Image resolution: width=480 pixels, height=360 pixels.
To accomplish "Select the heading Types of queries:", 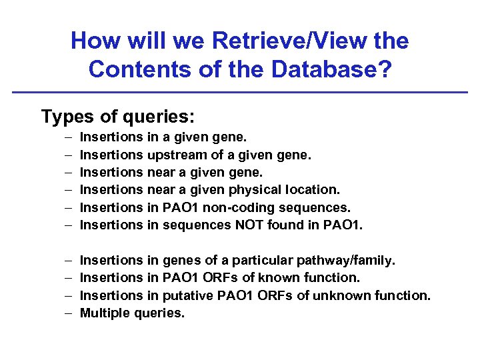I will tap(118, 117).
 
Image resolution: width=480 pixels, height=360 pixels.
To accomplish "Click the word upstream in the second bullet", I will tap(174, 155).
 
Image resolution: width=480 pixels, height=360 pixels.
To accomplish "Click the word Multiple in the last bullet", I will tap(105, 312).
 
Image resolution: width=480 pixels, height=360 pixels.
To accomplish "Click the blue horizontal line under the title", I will tap(240, 92).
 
